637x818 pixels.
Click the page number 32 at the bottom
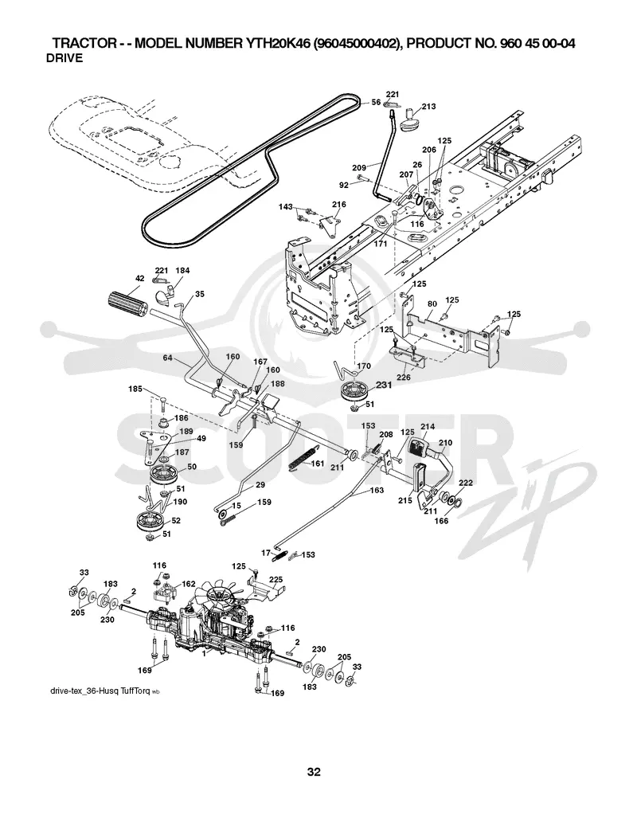[314, 772]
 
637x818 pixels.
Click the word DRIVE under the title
[64, 58]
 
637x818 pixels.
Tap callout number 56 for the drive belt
[376, 103]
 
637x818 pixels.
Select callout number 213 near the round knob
[429, 107]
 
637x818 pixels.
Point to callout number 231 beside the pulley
[384, 385]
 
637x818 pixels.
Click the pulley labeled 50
[164, 476]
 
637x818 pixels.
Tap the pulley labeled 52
[150, 522]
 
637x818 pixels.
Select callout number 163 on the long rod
[376, 490]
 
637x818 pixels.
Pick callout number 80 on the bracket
[432, 303]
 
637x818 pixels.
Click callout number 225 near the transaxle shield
[276, 578]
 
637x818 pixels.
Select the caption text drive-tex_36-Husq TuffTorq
[100, 691]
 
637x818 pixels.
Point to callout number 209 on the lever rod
[359, 168]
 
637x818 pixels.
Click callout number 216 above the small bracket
[338, 205]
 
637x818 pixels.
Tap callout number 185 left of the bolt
[135, 389]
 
